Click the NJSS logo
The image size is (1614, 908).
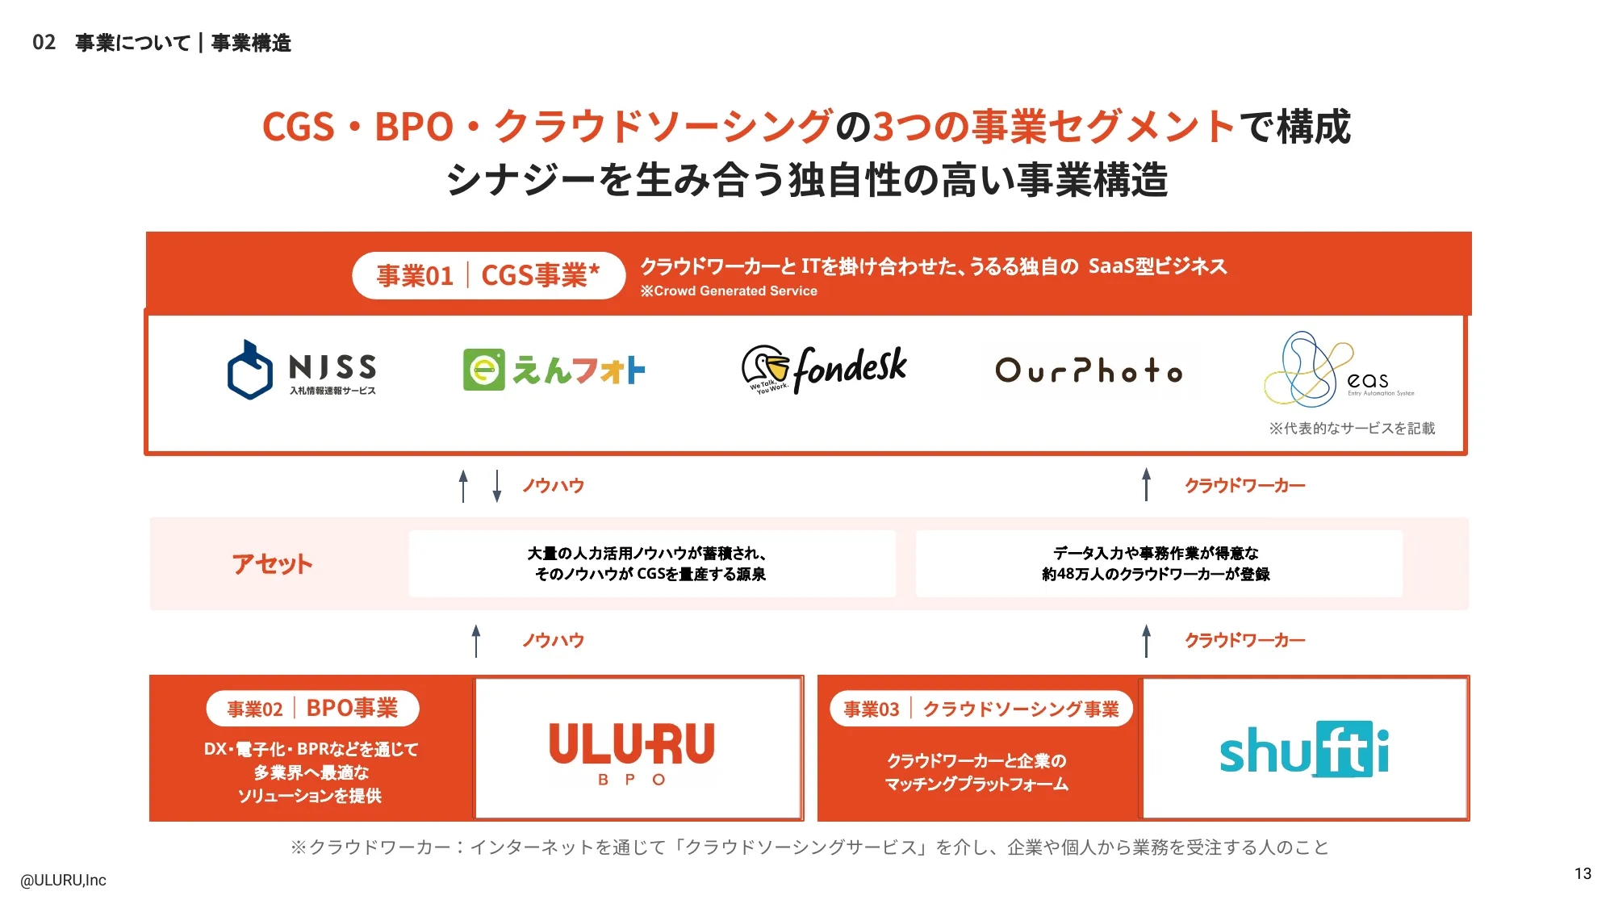(x=301, y=370)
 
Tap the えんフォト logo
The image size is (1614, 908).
(x=554, y=370)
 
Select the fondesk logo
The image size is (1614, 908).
(x=824, y=370)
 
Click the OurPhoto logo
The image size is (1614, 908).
(x=1089, y=370)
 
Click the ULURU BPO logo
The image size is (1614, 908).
(x=632, y=751)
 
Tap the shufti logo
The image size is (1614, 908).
(x=1304, y=750)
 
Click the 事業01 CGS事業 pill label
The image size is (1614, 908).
(x=488, y=275)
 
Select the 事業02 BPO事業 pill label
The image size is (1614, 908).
(x=312, y=709)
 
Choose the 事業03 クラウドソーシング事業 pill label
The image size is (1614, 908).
(x=981, y=709)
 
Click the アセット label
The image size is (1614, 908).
(x=272, y=564)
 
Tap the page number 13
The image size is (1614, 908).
(x=1583, y=873)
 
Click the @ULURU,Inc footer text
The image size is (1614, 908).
(x=63, y=880)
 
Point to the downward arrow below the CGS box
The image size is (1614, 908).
(x=497, y=486)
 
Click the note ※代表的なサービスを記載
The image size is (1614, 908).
(x=1352, y=428)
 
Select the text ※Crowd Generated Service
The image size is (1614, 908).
(x=729, y=291)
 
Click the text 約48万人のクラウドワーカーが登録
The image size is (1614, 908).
(x=1156, y=574)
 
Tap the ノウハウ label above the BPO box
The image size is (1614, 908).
(x=553, y=640)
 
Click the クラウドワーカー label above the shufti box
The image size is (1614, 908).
(x=1244, y=640)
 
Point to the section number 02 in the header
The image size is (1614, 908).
(x=44, y=42)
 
